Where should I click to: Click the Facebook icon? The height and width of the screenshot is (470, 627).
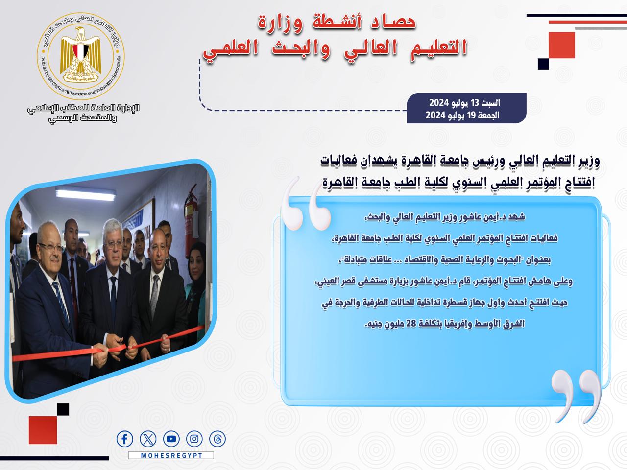pyautogui.click(x=124, y=439)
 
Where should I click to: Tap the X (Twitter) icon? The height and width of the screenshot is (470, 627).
pyautogui.click(x=148, y=439)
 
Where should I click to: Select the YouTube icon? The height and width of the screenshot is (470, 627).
pyautogui.click(x=171, y=439)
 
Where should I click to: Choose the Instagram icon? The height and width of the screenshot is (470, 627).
pyautogui.click(x=194, y=439)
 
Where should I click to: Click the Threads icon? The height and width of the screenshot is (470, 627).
pyautogui.click(x=217, y=439)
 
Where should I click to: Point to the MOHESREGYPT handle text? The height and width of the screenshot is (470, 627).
pyautogui.click(x=171, y=455)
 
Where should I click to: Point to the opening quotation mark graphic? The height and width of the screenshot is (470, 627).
pyautogui.click(x=306, y=204)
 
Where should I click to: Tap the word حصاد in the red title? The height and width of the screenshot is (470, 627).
pyautogui.click(x=393, y=22)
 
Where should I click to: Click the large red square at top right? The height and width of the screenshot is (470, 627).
pyautogui.click(x=561, y=45)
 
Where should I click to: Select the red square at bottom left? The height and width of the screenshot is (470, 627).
pyautogui.click(x=43, y=430)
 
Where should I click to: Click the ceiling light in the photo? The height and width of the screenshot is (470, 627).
pyautogui.click(x=85, y=193)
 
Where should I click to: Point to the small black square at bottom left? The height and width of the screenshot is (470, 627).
pyautogui.click(x=63, y=409)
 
